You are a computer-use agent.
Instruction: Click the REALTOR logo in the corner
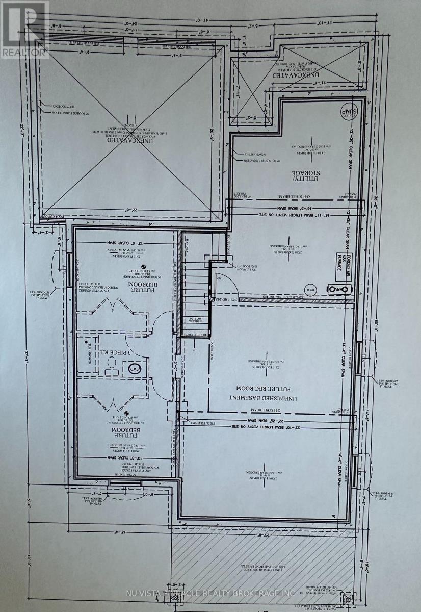(x=24, y=30)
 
